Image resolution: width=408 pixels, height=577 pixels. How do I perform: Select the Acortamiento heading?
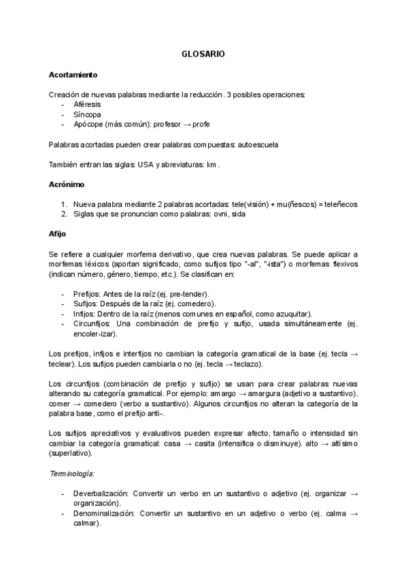pyautogui.click(x=73, y=73)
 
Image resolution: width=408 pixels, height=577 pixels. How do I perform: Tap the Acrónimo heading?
pyautogui.click(x=67, y=184)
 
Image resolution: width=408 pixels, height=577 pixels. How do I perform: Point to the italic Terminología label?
pyautogui.click(x=72, y=472)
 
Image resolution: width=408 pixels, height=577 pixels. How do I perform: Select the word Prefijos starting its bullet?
pyautogui.click(x=88, y=293)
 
